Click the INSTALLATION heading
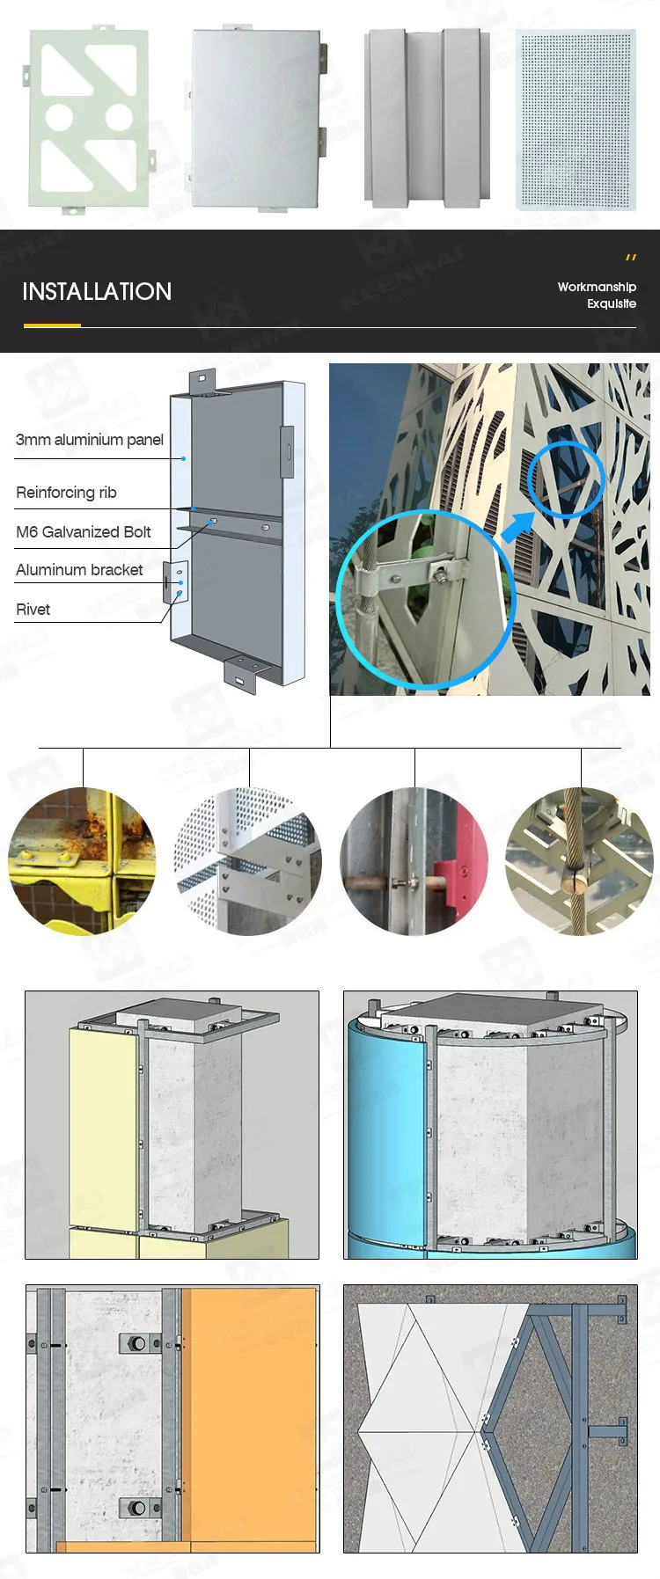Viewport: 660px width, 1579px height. click(97, 292)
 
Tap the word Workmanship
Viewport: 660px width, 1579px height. click(596, 287)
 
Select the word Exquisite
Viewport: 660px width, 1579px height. click(611, 303)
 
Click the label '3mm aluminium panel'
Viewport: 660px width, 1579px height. click(90, 440)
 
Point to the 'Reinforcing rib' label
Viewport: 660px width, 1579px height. click(66, 493)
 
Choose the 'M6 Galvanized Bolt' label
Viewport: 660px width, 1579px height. click(84, 532)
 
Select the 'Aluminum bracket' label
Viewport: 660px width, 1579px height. click(79, 570)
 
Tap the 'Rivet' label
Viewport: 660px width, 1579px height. click(33, 610)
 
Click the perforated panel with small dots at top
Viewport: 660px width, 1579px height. click(576, 119)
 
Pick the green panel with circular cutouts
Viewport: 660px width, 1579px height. click(88, 119)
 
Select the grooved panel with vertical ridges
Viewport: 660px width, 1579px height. click(427, 119)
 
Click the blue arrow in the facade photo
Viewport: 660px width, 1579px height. click(517, 526)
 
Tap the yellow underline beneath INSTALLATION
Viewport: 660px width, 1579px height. click(52, 325)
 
